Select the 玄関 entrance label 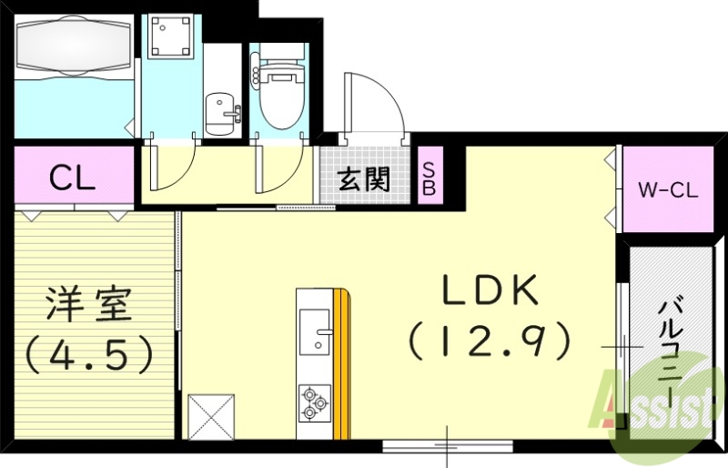364,179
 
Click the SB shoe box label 430,179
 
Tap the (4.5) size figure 88,354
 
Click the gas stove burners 314,403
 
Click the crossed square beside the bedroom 210,418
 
